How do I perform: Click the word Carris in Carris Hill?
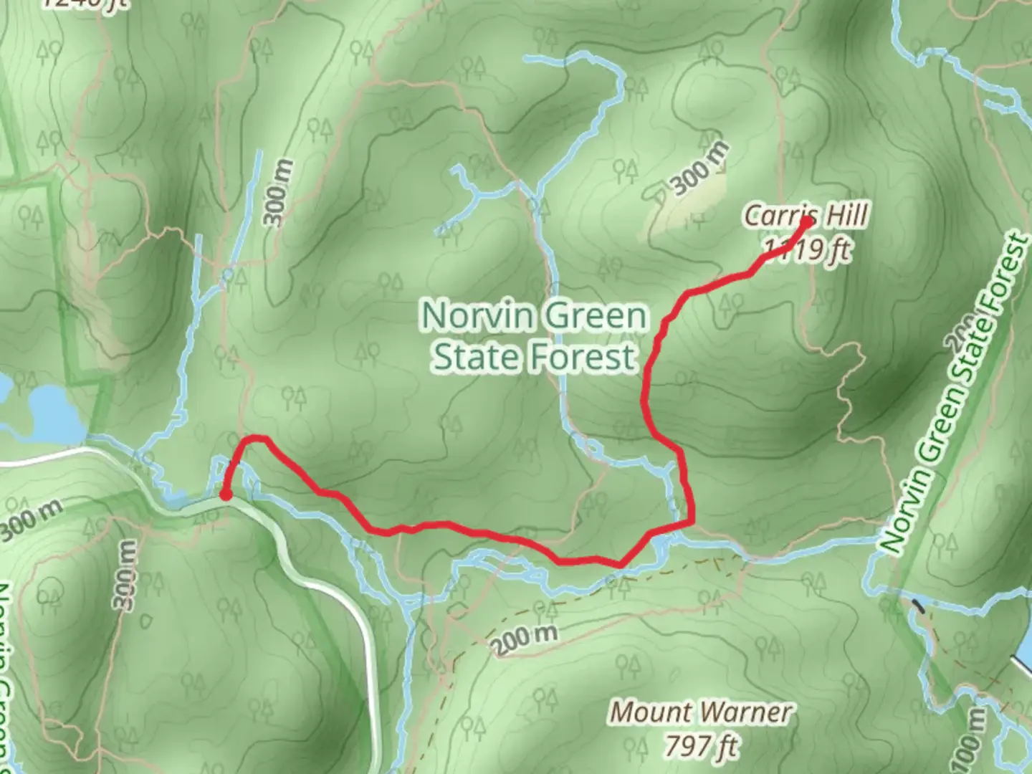point(780,216)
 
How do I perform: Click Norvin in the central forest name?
point(478,316)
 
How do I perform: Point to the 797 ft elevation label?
point(700,746)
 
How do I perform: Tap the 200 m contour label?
point(525,640)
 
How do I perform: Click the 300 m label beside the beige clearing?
point(700,169)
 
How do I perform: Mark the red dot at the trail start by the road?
point(225,494)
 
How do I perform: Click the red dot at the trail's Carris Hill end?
point(807,222)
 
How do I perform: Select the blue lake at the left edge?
point(50,414)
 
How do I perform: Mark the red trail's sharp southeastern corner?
point(692,522)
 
